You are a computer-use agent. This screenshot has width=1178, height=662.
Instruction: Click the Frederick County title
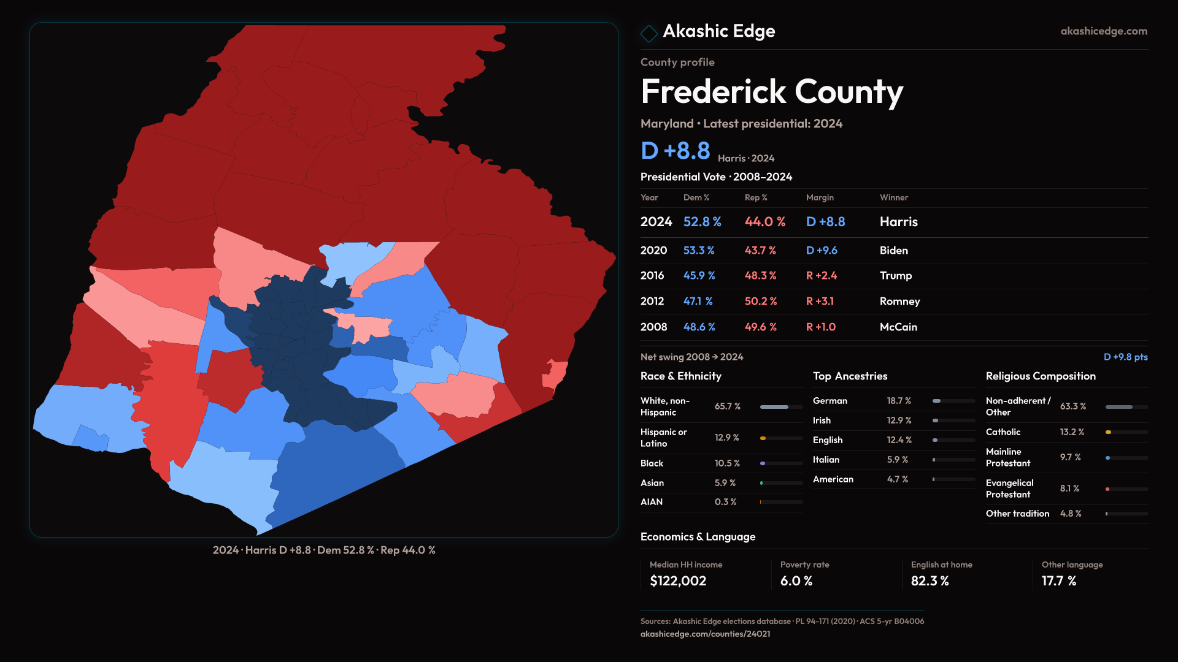coord(771,92)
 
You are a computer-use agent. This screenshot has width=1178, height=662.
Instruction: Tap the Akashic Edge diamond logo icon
coord(649,32)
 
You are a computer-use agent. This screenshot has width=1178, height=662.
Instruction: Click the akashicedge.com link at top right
coord(1103,31)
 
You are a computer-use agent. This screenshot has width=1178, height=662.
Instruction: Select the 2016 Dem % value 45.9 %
coord(699,276)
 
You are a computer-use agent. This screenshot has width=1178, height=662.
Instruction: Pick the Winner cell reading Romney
coord(899,302)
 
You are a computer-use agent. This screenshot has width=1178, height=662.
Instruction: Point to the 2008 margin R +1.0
coord(820,327)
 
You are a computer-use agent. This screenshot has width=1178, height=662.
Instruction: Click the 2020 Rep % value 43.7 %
coord(760,251)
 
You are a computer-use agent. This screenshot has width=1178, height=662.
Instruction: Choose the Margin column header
coord(820,197)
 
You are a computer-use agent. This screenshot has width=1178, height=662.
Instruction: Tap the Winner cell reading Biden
coord(893,251)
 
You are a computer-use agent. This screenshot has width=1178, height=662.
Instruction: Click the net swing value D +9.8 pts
coord(1125,357)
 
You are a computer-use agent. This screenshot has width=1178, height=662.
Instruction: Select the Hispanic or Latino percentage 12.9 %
coord(726,438)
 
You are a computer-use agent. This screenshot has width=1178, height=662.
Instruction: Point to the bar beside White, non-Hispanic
coord(780,407)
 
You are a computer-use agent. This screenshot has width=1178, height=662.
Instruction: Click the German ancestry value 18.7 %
coord(898,401)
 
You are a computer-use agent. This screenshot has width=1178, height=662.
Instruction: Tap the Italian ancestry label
coord(826,460)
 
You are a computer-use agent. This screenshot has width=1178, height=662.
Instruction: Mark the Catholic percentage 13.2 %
coord(1072,432)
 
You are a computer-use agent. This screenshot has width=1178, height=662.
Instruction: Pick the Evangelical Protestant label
coord(1009,489)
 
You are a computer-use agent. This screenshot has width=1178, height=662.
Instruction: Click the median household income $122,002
coord(677,581)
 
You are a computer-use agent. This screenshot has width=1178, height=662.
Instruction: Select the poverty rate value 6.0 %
coord(796,581)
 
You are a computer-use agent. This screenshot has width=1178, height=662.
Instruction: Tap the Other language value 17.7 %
coord(1058,581)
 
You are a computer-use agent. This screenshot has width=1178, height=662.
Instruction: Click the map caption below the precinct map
coord(324,550)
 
